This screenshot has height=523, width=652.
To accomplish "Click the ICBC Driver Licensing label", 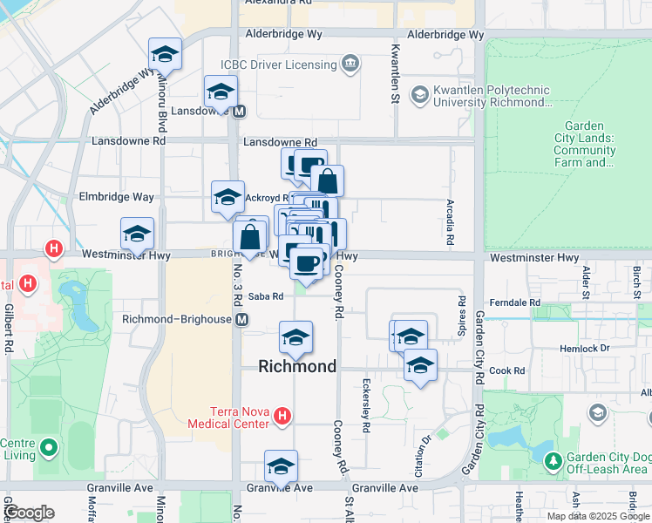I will (278, 65).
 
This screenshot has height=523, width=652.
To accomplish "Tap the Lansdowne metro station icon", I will (239, 111).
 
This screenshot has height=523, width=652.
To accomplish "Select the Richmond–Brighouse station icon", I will (241, 319).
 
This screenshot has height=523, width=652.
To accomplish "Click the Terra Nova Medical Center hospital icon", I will (282, 418).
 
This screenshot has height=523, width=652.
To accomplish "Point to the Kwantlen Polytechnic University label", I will (493, 96).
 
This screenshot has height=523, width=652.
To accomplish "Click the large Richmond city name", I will (297, 367).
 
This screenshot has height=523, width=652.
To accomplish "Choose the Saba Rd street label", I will (267, 296).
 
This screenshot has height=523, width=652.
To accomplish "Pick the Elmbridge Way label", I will (116, 197).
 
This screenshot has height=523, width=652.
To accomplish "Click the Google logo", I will (30, 513).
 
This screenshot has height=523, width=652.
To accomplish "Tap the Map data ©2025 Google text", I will (597, 516).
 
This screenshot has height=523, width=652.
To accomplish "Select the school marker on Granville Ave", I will (281, 467).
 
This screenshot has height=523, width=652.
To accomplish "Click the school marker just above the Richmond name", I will (296, 338).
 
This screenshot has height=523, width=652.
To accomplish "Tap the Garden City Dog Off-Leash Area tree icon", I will (551, 459).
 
